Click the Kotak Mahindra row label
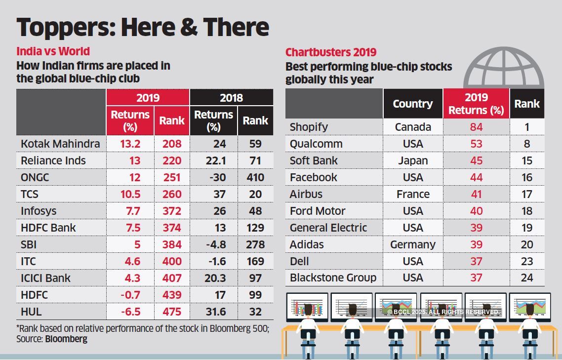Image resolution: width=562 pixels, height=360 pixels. coord(60,144)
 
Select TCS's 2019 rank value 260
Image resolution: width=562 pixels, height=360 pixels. coord(171,194)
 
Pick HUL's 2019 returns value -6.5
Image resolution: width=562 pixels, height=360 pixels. coord(130,312)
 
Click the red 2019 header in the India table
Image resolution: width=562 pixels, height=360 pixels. coord(148,98)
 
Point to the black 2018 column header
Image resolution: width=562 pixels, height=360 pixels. coord(231,98)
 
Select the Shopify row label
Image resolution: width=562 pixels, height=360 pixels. coord(309,127)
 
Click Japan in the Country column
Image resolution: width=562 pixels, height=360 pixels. coord(413,160)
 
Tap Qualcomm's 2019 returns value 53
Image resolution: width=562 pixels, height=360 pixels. coord(476,144)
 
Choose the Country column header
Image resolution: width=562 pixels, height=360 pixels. coord(413,104)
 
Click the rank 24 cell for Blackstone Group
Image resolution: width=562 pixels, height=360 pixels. coord(526,278)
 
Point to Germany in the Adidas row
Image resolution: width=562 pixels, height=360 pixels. coord(413,244)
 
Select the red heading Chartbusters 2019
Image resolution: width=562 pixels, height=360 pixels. coord(331,52)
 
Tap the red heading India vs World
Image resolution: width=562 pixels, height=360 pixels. coord(53,51)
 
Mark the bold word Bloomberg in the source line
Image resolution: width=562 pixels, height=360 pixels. coord(66,339)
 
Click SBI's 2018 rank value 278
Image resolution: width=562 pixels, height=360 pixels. coord(255,244)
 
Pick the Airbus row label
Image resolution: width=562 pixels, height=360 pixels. coord(306,194)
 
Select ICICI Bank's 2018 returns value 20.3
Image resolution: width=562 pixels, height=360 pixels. coord(215,278)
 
